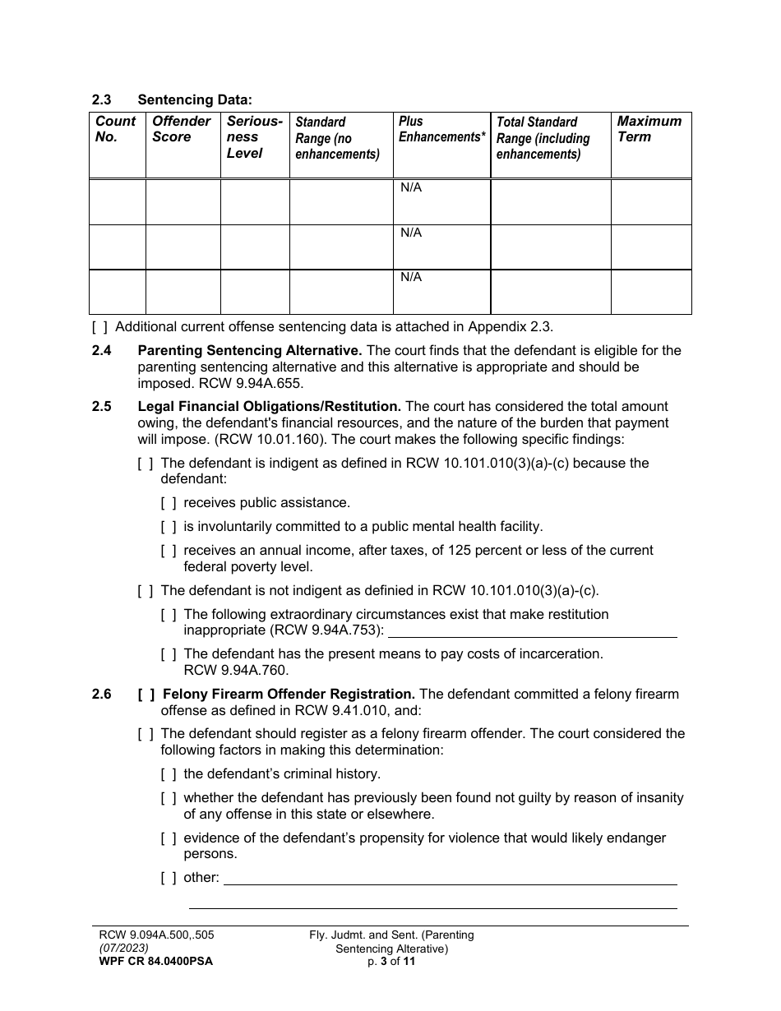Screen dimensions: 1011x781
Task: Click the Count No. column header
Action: pos(116,129)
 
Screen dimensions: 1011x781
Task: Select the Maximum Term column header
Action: pos(649,129)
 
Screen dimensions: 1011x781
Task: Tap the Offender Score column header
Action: pos(181,129)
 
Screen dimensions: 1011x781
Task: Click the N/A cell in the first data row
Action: pos(411,188)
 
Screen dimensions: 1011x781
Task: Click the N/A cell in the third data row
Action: pos(411,277)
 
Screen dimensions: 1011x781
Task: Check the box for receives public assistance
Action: pos(169,503)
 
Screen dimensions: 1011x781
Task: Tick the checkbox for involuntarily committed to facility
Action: pos(169,527)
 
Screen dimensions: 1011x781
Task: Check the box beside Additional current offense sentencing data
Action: pos(99,326)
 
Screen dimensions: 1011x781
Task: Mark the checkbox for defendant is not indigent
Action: pos(146,591)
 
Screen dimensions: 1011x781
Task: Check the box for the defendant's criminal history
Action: pos(169,774)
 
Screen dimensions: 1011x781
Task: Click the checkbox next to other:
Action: pos(169,878)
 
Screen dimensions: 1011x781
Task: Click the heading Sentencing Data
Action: pos(195,100)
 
